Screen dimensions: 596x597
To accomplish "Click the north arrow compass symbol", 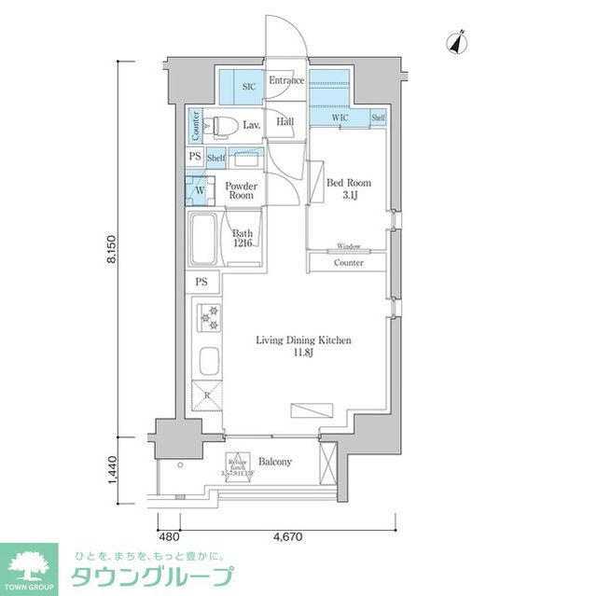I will [458, 42].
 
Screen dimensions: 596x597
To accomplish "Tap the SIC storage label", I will [248, 87].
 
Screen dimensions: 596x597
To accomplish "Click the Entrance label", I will [286, 81].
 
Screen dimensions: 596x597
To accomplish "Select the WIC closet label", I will [340, 118].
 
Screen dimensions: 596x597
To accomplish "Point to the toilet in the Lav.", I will [220, 125].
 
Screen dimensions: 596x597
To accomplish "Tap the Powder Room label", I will [241, 190].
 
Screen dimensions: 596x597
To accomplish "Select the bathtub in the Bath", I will [203, 241].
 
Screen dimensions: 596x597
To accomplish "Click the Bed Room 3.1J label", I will [348, 189].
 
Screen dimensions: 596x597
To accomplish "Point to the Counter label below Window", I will [348, 263].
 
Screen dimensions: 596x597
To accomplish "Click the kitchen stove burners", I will [207, 318].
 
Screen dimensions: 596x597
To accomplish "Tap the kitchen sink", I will [207, 360].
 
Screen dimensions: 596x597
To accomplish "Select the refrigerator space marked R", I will [207, 395].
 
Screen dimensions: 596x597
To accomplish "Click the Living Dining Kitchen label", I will [304, 346].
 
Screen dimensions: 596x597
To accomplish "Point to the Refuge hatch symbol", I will [235, 464].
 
